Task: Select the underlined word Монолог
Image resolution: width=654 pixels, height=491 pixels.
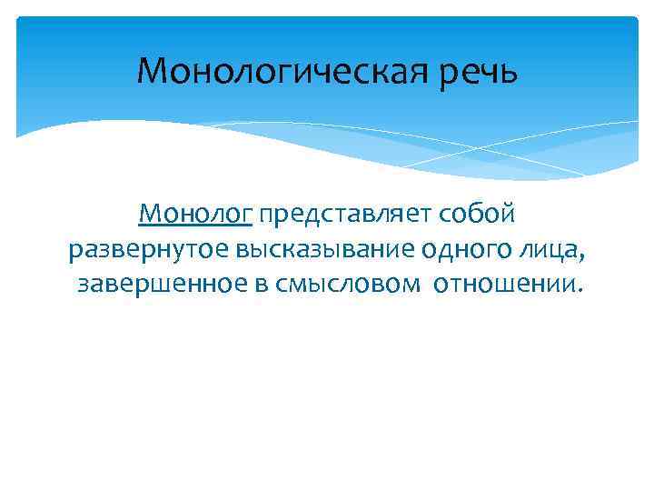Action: pyautogui.click(x=195, y=215)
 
